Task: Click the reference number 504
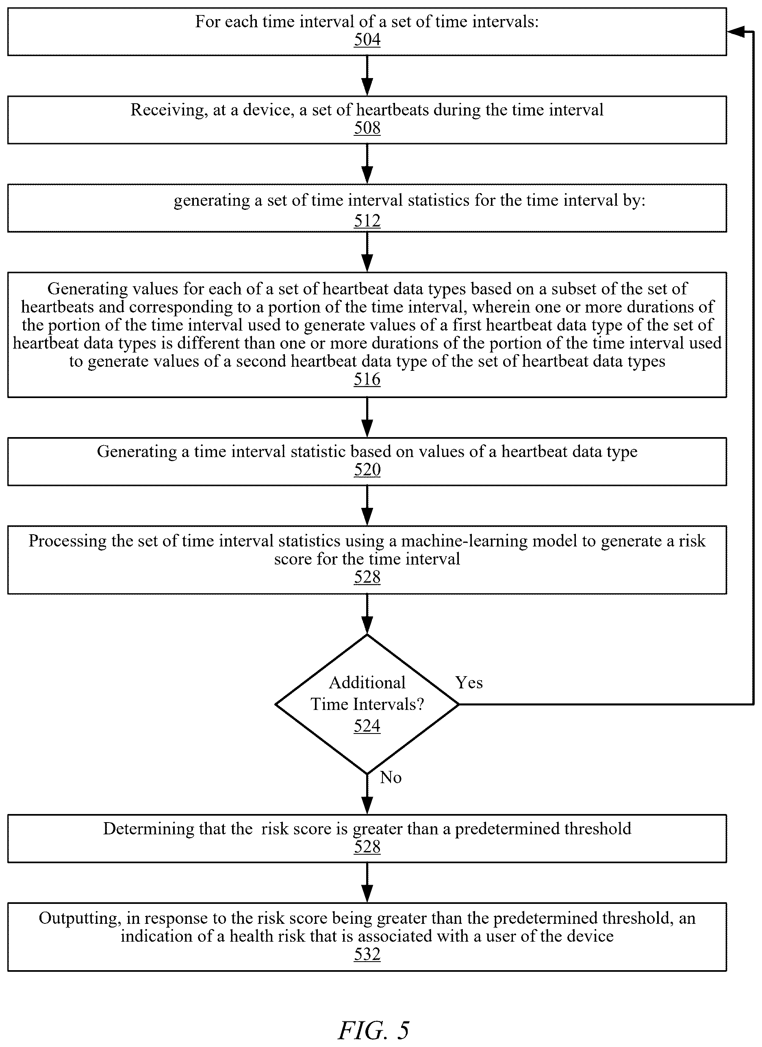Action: pos(367,40)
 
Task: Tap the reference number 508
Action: pos(367,128)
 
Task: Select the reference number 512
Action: pos(367,221)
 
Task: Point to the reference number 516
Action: pos(367,379)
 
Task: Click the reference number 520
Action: pos(367,470)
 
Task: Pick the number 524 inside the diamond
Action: pos(367,726)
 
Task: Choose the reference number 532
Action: pos(367,954)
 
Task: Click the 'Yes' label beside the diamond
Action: pos(469,683)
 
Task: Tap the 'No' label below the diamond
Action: pos(391,778)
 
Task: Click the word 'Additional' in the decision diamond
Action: pos(367,683)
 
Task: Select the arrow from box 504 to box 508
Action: pos(367,76)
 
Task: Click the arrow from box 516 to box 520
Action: pos(367,417)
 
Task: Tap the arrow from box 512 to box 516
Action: pos(367,252)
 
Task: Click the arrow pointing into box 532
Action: pos(367,883)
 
